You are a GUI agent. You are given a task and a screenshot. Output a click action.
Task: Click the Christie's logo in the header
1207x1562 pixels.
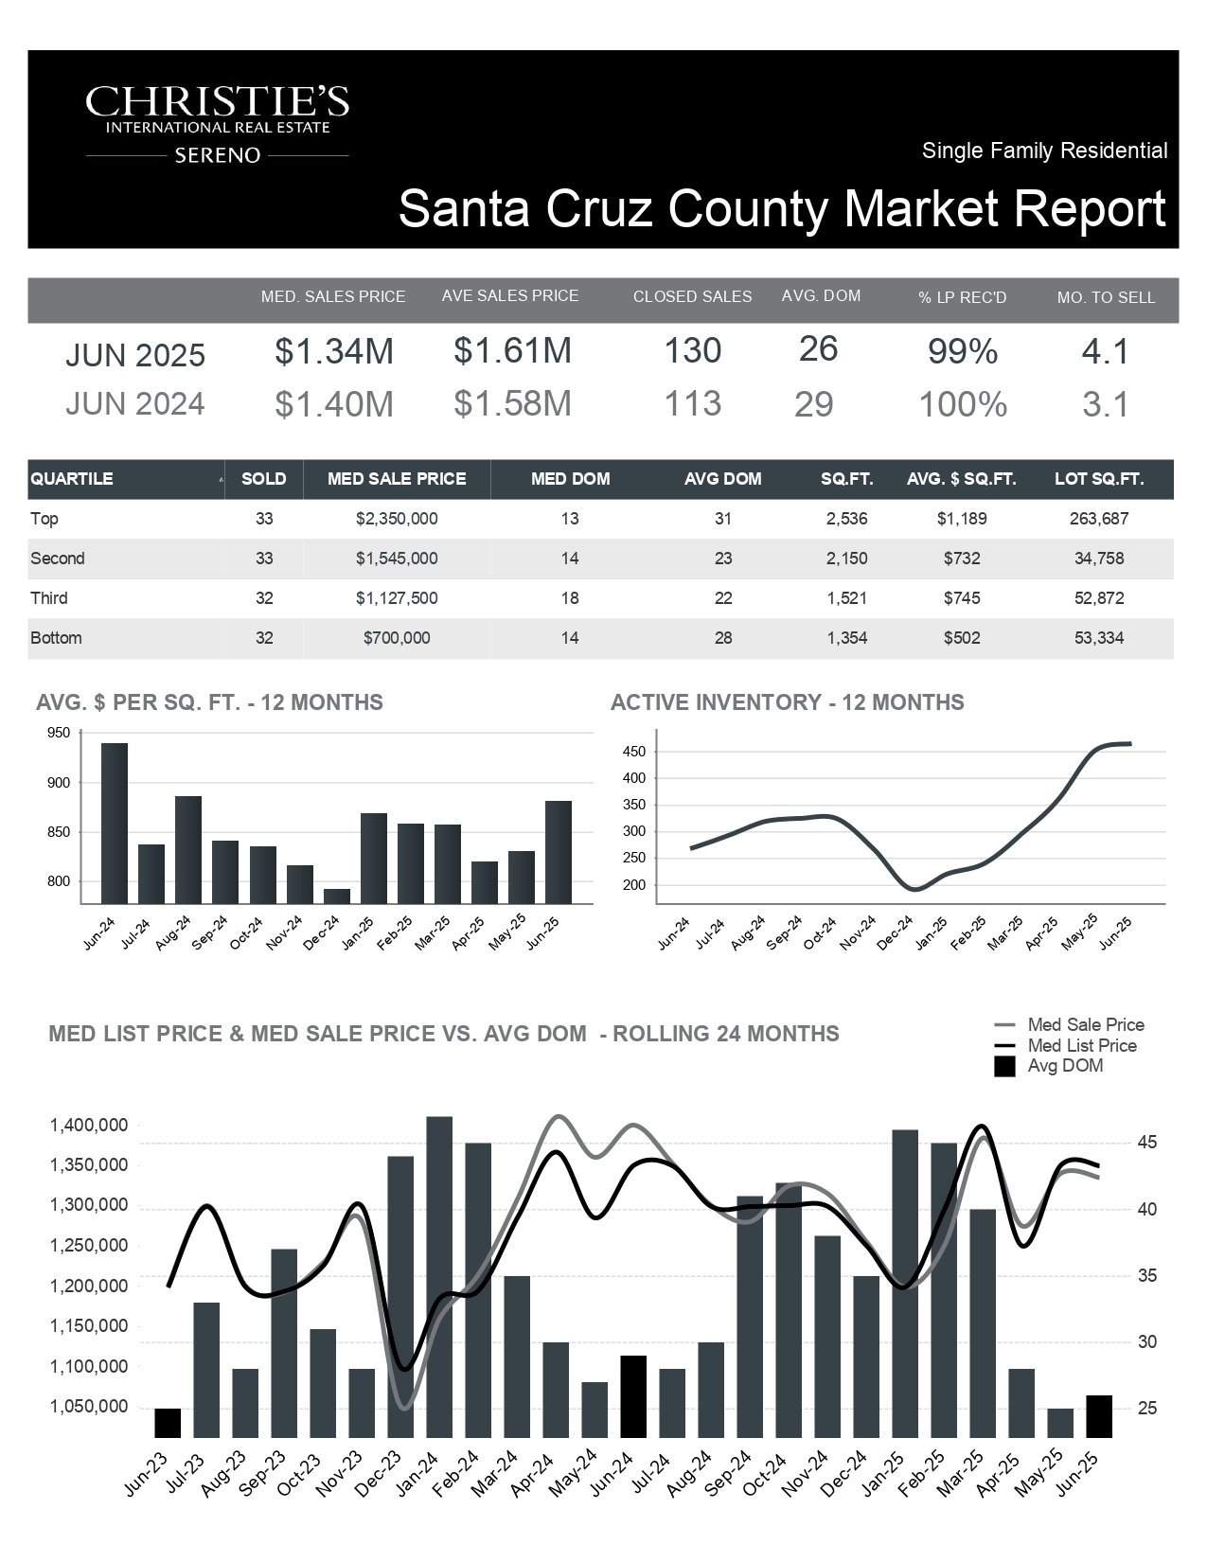point(217,124)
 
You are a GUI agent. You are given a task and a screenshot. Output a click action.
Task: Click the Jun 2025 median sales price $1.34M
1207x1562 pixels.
point(334,351)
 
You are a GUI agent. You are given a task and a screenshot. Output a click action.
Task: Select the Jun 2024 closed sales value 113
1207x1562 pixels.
point(692,403)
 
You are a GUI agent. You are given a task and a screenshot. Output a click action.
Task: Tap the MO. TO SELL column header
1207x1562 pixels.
point(1106,297)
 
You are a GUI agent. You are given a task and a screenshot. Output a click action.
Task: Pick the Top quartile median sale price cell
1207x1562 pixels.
point(397,518)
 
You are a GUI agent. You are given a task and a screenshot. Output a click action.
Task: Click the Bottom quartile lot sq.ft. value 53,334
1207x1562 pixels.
point(1099,638)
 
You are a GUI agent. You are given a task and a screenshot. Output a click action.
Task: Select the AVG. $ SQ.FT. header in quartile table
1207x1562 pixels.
point(962,479)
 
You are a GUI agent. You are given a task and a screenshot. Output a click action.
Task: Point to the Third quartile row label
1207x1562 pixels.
point(49,598)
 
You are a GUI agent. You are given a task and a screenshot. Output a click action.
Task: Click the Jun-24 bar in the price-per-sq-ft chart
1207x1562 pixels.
point(115,823)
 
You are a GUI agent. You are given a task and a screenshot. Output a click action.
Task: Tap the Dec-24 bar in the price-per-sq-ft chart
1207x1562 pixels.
point(336,896)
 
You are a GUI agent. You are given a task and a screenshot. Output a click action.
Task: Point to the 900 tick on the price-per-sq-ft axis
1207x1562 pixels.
point(59,783)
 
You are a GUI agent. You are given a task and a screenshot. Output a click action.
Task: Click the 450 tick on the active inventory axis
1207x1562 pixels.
point(634,752)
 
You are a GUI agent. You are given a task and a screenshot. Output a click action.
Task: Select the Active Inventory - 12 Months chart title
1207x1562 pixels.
point(788,702)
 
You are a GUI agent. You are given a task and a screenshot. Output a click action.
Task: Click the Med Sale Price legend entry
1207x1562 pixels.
point(1069,1024)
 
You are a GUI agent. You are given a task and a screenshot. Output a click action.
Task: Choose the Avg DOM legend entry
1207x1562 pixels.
point(1049,1065)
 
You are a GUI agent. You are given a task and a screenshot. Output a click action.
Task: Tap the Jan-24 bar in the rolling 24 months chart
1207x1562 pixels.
point(439,1277)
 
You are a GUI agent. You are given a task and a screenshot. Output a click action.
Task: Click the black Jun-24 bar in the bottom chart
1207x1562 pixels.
point(633,1396)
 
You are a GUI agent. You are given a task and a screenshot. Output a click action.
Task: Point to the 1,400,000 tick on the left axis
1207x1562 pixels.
point(89,1125)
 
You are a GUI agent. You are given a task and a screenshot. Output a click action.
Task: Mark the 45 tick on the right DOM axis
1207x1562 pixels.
point(1147,1143)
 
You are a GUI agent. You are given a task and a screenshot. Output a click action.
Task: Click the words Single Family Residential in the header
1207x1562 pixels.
point(1044,151)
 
